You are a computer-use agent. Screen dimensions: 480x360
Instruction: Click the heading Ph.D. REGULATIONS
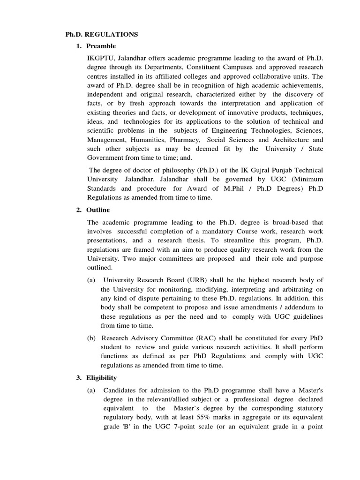click(x=101, y=34)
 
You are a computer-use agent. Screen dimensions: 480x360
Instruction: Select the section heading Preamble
click(x=101, y=46)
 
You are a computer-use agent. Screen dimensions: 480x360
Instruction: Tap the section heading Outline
click(x=98, y=210)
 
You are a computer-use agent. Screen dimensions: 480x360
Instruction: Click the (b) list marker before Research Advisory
click(x=91, y=338)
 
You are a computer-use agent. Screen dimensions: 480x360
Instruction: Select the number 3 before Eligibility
click(x=78, y=377)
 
